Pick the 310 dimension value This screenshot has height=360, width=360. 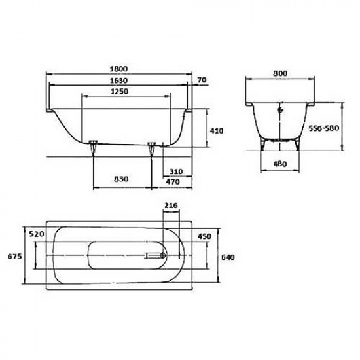(174, 171)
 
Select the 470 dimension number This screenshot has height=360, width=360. (174, 181)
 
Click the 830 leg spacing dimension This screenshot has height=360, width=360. (120, 178)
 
